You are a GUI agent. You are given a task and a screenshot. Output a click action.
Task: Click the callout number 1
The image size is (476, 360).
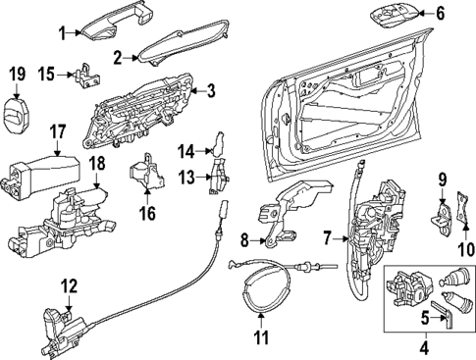pos(62,33)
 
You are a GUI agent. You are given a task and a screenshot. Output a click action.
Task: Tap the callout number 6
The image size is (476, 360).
pos(441,14)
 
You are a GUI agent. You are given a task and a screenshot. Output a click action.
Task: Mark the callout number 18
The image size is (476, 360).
pos(96,162)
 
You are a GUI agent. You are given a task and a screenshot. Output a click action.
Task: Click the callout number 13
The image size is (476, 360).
pos(186,177)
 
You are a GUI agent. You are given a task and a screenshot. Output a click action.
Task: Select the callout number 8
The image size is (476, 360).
pos(245,237)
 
